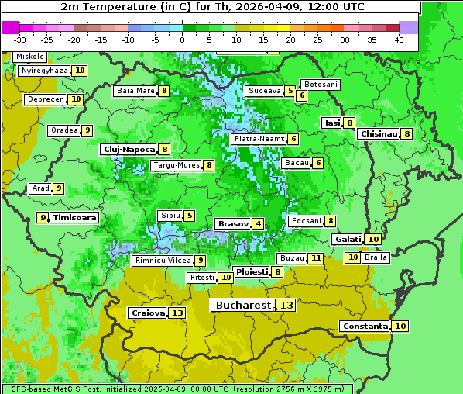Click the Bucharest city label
point(242,306)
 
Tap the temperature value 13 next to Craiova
point(177,313)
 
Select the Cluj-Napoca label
point(128,149)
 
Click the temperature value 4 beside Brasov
point(257,224)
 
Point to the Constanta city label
point(364,327)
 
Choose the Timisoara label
point(75,218)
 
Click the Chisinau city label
point(379,133)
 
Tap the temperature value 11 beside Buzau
point(315,257)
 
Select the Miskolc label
point(29,57)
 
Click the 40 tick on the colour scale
point(399,40)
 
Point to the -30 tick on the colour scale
point(20,40)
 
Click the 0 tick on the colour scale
point(183,40)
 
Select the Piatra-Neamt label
point(259,139)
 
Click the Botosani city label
point(320,84)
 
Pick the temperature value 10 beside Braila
point(353,257)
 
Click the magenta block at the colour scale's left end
point(11,27)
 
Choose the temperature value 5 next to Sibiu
point(190,216)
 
